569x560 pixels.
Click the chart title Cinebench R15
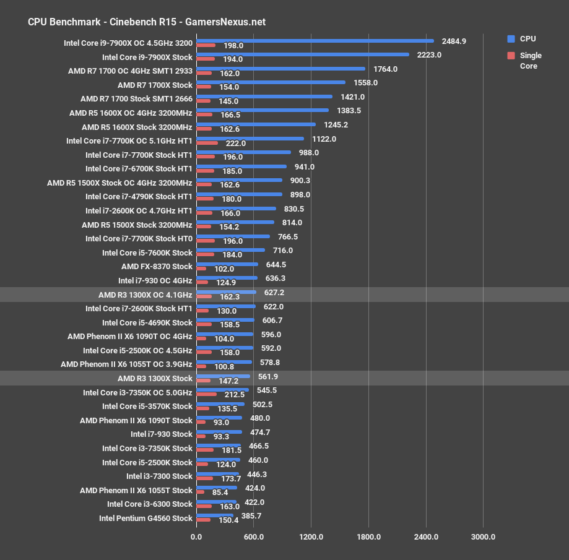tap(147, 22)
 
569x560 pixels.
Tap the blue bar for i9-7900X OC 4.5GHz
tap(315, 41)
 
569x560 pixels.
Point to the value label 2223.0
tap(429, 54)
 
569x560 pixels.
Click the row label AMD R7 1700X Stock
tap(155, 85)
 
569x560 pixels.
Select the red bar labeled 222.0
tap(207, 143)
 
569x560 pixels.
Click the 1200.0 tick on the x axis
tap(311, 536)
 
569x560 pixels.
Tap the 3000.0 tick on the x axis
tap(483, 536)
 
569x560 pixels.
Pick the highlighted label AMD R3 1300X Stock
tap(155, 378)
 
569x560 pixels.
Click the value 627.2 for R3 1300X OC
tap(274, 292)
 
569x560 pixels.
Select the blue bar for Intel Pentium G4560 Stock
tap(214, 515)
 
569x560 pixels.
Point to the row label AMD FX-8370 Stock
tap(157, 267)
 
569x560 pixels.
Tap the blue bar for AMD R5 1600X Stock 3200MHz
tap(255, 124)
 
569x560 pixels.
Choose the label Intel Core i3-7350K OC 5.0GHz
tap(137, 392)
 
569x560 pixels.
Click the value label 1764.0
tap(384, 69)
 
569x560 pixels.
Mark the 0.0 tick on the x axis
tap(196, 536)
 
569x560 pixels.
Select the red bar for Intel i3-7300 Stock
tap(204, 478)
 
